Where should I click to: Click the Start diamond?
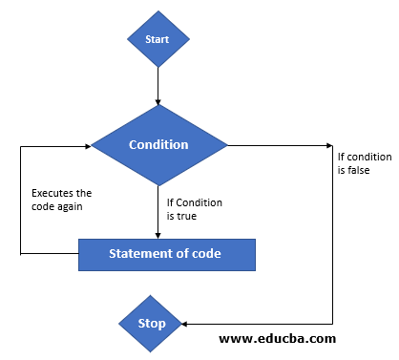coord(157,40)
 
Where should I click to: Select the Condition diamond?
coord(158,145)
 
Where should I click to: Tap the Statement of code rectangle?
coord(167,254)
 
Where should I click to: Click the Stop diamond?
coord(151,323)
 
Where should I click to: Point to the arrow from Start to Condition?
coord(157,86)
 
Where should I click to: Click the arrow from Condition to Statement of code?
coord(157,210)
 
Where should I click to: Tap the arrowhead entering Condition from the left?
coord(86,146)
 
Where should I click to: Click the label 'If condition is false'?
coord(359,162)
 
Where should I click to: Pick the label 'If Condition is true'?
coord(196,209)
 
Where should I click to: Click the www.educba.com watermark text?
coord(278,338)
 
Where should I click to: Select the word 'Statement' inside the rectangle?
coord(142,254)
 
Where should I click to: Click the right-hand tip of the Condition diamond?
coord(227,146)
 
